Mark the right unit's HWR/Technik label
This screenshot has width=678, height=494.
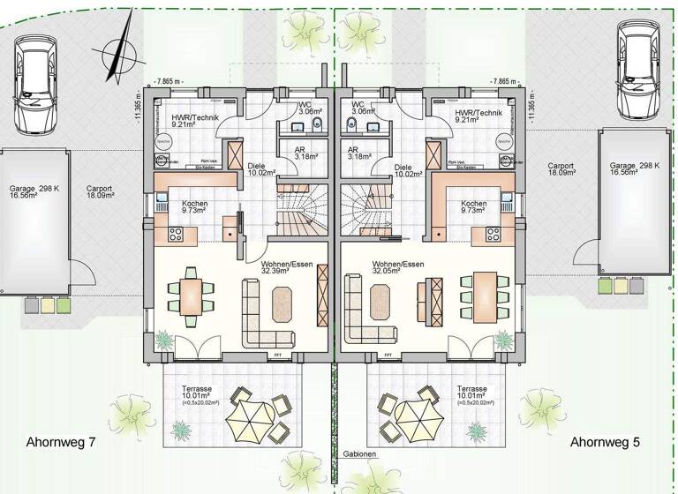coord(478,118)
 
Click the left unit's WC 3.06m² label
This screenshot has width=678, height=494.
coord(309,109)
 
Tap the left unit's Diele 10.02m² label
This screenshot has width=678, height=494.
coord(262,169)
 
